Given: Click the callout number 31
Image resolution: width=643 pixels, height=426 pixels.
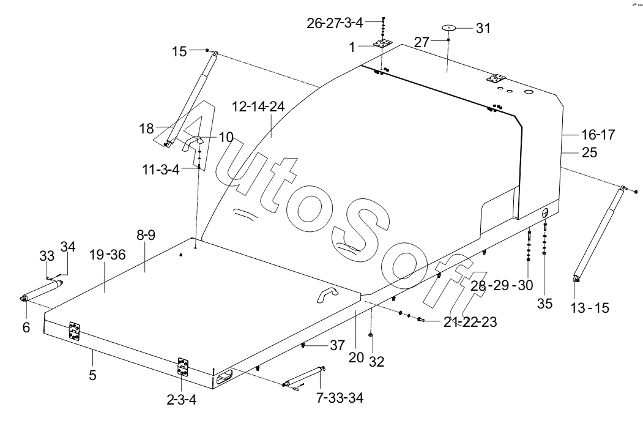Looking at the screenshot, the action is [483, 28].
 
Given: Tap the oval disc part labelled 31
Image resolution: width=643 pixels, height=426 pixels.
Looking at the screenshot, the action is [449, 28].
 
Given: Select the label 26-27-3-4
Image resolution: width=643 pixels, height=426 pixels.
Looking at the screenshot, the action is [335, 23].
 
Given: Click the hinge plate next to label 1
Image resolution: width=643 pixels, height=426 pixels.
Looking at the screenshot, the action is [382, 44].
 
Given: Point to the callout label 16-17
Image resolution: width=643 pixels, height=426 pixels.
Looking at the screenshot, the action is [598, 135].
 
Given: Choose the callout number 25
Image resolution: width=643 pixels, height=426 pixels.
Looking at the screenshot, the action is [589, 152].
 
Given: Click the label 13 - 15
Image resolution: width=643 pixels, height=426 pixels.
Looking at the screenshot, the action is [590, 308].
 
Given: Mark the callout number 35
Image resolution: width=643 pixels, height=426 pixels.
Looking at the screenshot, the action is [545, 304].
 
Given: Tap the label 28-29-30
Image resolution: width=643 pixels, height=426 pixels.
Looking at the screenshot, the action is [502, 285].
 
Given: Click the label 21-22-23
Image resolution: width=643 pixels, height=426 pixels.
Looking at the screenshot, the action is [470, 322].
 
